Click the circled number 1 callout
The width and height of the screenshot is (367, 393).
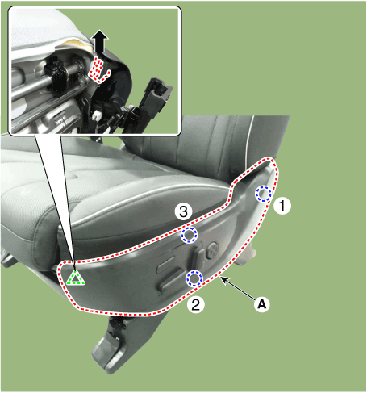[282, 206]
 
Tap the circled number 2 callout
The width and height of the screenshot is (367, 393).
[196, 305]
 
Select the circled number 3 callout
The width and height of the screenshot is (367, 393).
[183, 211]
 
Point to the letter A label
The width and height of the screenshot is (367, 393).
[262, 304]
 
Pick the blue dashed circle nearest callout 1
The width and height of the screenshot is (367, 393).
[264, 194]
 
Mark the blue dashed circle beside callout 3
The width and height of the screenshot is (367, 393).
[189, 235]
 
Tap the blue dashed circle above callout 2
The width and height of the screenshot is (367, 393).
[194, 278]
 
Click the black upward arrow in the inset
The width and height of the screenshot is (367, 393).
[100, 41]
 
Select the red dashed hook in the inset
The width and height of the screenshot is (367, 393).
[98, 70]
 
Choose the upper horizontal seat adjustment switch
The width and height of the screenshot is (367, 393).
[167, 265]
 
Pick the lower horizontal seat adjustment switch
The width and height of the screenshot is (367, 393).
[171, 281]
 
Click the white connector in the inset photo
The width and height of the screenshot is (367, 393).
[95, 115]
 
